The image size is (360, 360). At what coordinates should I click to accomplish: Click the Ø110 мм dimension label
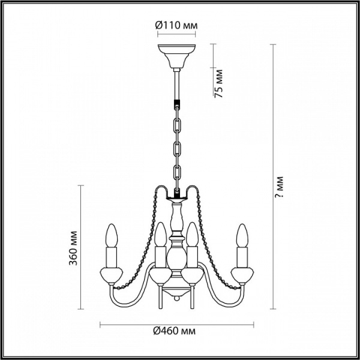(176, 25)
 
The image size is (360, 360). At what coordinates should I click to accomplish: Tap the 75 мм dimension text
(218, 83)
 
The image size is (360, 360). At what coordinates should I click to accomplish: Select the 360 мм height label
(73, 248)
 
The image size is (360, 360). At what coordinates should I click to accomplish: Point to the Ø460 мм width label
(175, 331)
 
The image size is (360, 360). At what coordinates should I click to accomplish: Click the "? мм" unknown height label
(280, 187)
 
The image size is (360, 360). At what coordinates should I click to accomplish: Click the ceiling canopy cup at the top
(176, 56)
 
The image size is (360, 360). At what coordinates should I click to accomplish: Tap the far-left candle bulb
(112, 236)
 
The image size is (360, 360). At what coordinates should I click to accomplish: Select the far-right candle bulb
(242, 236)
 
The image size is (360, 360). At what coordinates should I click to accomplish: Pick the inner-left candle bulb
(160, 234)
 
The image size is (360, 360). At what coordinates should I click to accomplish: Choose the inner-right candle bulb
(192, 234)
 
